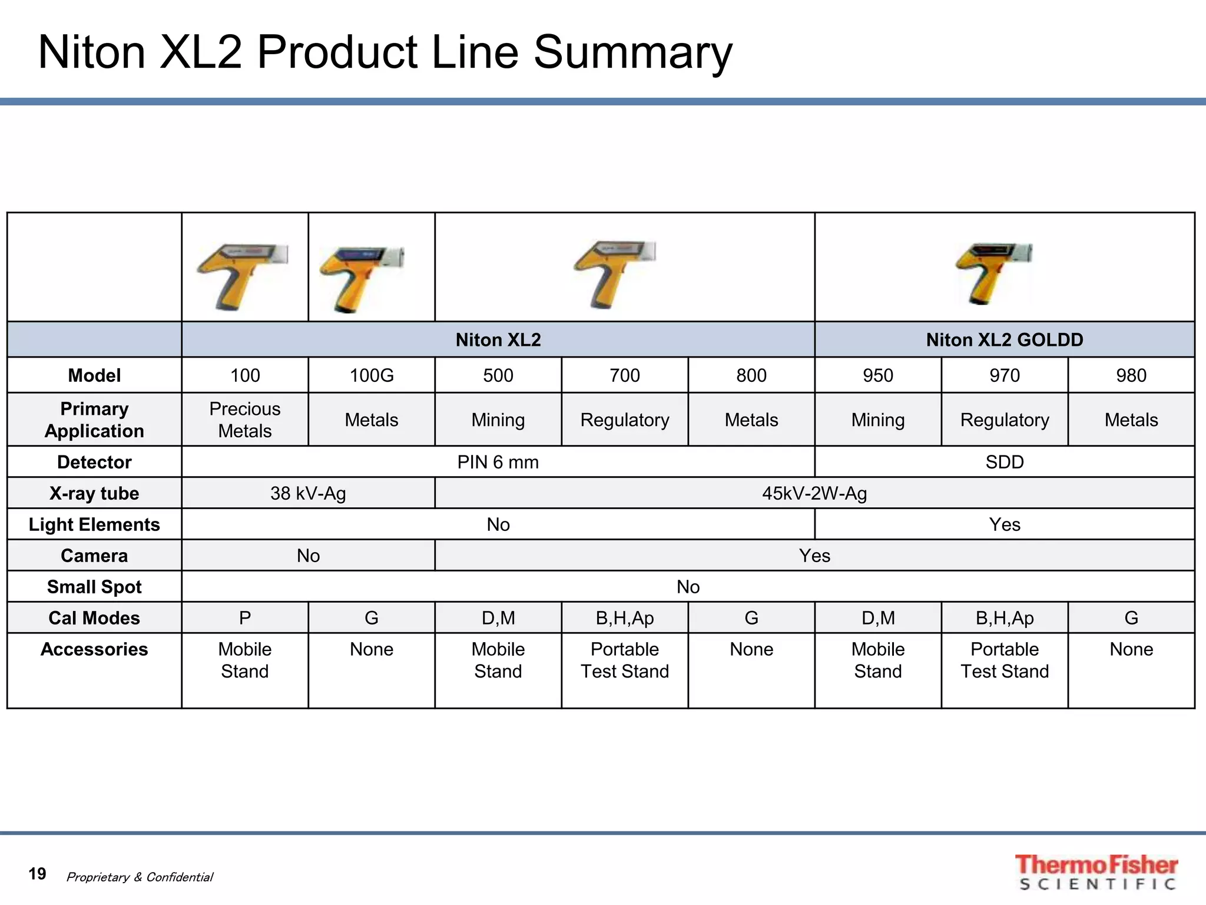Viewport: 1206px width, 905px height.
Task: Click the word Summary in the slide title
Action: coord(632,53)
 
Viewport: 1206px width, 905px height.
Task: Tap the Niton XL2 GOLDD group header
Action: coord(1004,340)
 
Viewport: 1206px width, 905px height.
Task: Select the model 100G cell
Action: coord(371,375)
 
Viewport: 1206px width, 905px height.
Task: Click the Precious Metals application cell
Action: coord(245,420)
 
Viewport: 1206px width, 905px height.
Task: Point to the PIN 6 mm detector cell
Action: coord(498,462)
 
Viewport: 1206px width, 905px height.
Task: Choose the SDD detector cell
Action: coord(1004,462)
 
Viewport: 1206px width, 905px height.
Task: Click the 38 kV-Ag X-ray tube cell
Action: coord(308,493)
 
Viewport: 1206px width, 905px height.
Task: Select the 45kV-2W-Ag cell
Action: coord(814,493)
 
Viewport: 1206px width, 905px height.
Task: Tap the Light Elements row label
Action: coord(94,524)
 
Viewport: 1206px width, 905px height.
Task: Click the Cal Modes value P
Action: coord(245,618)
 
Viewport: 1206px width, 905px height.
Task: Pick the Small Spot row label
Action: coord(94,587)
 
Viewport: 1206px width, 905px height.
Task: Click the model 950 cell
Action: coord(877,375)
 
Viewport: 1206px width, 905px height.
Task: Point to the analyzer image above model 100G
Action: coord(362,277)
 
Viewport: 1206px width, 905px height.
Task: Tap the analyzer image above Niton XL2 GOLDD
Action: coord(993,272)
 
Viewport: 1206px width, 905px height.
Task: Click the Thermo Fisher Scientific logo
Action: coord(1096,872)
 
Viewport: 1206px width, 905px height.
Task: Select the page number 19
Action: coord(37,874)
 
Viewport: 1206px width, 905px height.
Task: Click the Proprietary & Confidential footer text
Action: coord(140,877)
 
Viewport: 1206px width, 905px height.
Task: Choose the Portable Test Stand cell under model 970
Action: coord(1004,660)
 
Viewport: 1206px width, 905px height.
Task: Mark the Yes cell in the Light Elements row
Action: coord(1004,524)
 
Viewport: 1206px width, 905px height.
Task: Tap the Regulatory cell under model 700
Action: coord(624,420)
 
